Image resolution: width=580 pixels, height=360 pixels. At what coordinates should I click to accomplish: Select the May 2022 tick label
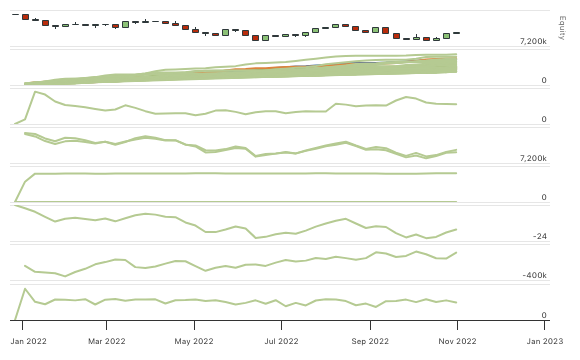196,340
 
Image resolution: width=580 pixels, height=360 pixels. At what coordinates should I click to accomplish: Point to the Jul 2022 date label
284,340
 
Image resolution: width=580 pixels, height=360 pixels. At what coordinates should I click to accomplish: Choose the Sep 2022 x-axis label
371,340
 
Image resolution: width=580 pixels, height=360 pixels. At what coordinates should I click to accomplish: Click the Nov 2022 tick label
458,340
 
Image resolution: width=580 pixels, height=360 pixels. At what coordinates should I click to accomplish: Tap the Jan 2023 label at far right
545,340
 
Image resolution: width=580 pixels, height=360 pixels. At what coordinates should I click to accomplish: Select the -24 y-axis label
540,237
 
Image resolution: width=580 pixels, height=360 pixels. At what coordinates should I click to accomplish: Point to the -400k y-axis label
534,276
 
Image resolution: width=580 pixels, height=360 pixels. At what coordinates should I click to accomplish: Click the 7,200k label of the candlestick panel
533,42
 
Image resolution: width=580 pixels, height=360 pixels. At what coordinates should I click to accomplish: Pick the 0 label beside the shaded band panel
544,81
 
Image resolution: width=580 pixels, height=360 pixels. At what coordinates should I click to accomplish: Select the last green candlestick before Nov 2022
447,35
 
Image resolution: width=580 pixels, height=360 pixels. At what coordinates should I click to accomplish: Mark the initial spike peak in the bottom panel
25,289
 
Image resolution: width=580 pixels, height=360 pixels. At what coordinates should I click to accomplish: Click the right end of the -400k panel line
457,252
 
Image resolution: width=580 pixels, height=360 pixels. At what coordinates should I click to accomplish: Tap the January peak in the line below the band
35,92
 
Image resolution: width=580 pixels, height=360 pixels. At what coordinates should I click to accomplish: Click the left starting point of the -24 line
17,205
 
